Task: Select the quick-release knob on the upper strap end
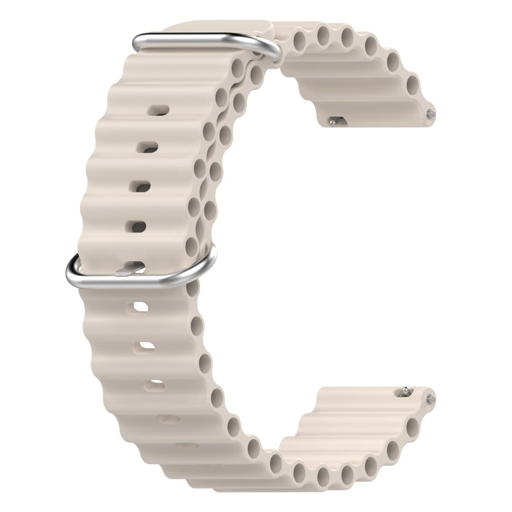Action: point(334,122)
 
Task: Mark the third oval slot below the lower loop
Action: point(154,385)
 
